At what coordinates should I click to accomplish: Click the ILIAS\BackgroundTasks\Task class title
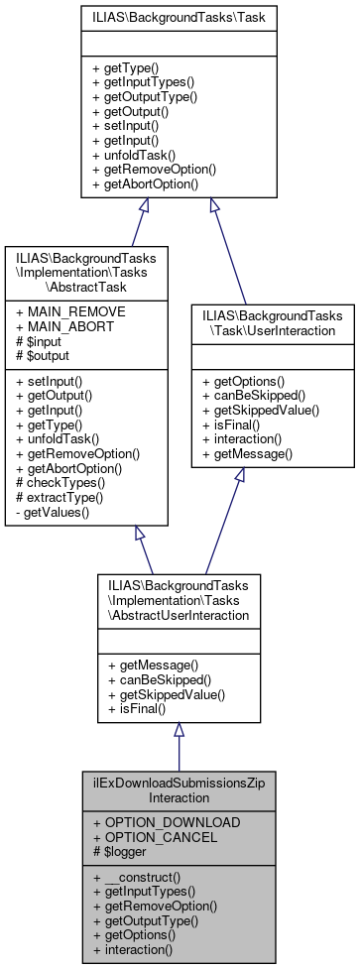(x=180, y=17)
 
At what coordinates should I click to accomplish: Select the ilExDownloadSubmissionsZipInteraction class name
(x=179, y=789)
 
